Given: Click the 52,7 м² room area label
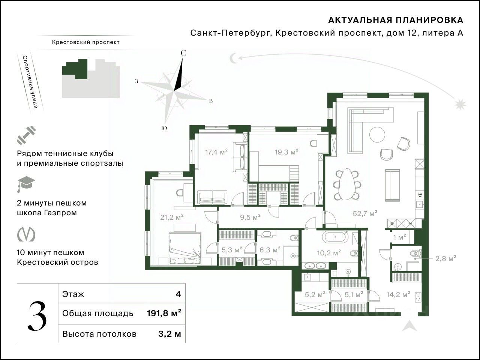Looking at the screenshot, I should pyautogui.click(x=365, y=213).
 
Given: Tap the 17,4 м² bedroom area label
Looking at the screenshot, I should pyautogui.click(x=216, y=152).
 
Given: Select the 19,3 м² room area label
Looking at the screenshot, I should pyautogui.click(x=286, y=152).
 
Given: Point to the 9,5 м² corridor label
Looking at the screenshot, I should pyautogui.click(x=250, y=217).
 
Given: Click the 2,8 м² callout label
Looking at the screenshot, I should pyautogui.click(x=445, y=258).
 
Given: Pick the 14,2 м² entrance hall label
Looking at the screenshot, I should pyautogui.click(x=398, y=295).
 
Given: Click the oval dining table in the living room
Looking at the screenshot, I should pyautogui.click(x=348, y=184).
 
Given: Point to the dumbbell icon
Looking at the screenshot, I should pyautogui.click(x=26, y=135).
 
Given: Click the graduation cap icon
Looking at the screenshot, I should pyautogui.click(x=26, y=184).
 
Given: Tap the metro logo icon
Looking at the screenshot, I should pyautogui.click(x=26, y=234).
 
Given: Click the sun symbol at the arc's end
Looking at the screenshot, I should pyautogui.click(x=460, y=104).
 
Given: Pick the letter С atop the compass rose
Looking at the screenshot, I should pyautogui.click(x=183, y=53).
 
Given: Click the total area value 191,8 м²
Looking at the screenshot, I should pyautogui.click(x=164, y=313).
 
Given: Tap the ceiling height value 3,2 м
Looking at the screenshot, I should pyautogui.click(x=169, y=334).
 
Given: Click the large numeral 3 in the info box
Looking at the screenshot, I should pyautogui.click(x=37, y=313).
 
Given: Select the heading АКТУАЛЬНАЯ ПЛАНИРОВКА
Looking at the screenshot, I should pyautogui.click(x=396, y=20).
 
